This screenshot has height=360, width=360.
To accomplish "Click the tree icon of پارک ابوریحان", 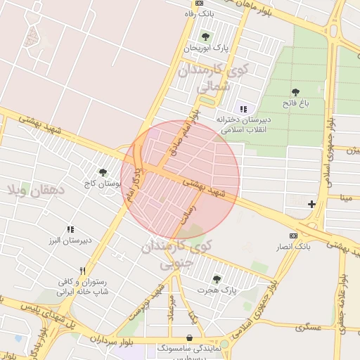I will point(206,36).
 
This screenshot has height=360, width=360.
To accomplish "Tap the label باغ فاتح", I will point(296,103).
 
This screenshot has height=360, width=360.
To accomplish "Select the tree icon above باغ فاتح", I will point(296,91).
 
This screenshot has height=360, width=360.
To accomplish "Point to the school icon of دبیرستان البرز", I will point(70,229).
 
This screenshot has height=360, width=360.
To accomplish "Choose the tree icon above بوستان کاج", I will point(103,172).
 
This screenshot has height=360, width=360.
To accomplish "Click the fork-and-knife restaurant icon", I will point(82,271).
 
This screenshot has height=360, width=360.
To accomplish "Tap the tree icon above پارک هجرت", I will point(216,278).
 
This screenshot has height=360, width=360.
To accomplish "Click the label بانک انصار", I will point(292,247).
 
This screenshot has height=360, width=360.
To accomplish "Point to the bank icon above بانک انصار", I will point(293,236).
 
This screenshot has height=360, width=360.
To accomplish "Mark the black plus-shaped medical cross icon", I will point(311,204).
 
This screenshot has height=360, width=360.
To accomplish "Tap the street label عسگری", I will point(309,327).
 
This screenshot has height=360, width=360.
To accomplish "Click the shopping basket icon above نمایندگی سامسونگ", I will point(190,337).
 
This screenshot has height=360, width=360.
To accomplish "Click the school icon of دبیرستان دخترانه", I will point(243,109).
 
